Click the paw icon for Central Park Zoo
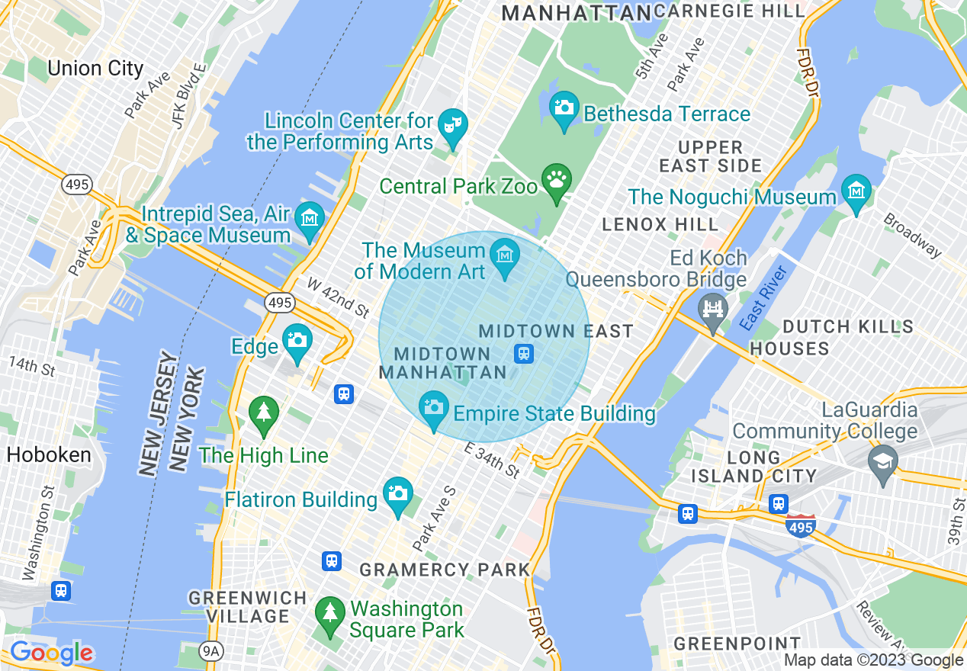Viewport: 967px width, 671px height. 557,181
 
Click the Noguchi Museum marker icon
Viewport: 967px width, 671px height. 856,191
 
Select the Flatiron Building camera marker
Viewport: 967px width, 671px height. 397,494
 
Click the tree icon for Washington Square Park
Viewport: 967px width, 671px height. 329,614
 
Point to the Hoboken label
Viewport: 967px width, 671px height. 49,455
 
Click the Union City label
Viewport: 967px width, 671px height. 95,69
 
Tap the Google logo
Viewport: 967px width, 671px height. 51,653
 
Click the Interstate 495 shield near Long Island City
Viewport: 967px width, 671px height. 800,525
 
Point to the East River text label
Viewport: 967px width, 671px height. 762,297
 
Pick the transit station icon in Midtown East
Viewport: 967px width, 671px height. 524,354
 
